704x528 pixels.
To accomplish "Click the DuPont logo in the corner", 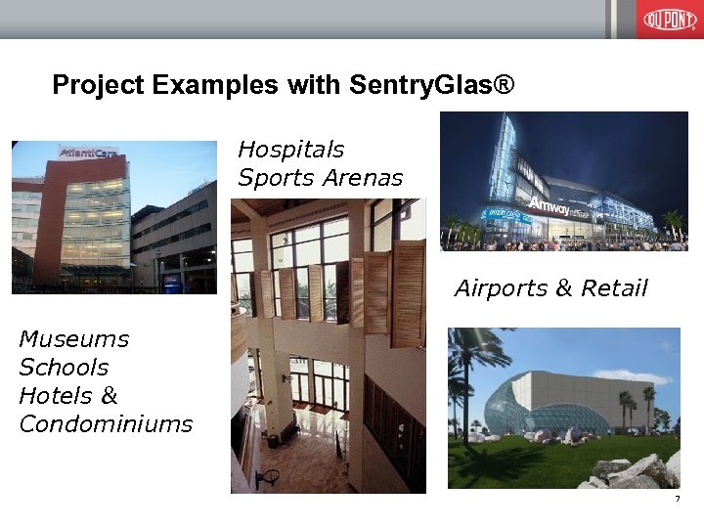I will [x=670, y=20].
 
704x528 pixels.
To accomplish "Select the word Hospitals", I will [x=291, y=150].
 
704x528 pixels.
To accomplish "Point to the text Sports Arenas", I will [x=321, y=178].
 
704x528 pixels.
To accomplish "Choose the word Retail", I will [x=614, y=288].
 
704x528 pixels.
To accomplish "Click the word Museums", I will [x=74, y=339].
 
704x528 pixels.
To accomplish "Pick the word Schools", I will [x=64, y=368].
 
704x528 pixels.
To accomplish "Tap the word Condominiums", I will [x=106, y=424].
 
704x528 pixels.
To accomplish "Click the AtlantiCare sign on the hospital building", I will [x=88, y=153].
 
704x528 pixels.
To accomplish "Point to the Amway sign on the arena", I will [x=550, y=205].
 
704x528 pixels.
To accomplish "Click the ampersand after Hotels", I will [x=109, y=396].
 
